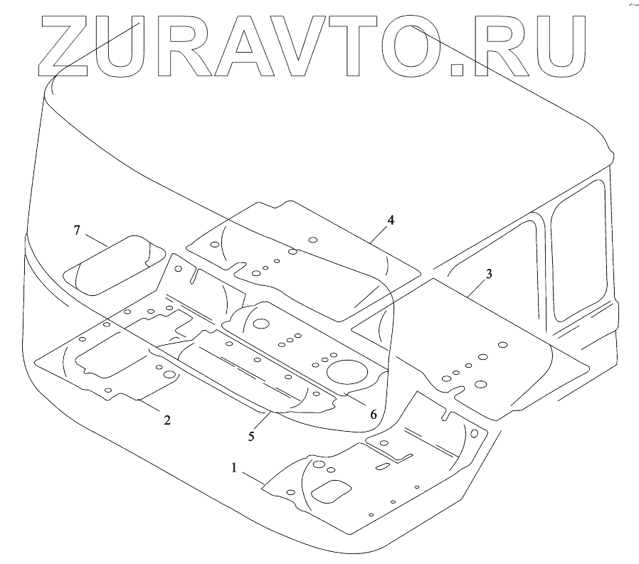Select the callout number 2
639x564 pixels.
coord(167,420)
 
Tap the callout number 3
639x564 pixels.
coord(489,273)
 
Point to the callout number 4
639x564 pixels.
coord(391,220)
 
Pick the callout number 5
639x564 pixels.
coord(251,436)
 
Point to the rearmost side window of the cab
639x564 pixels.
coord(580,249)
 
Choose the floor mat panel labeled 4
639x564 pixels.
coord(299,256)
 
